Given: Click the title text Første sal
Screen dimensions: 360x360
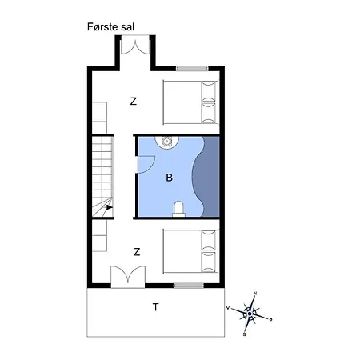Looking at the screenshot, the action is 110,27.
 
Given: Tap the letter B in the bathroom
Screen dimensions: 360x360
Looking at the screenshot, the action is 169,178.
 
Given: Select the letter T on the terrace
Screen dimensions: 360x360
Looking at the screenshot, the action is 156,307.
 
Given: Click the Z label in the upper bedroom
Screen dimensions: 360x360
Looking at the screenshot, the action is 134,102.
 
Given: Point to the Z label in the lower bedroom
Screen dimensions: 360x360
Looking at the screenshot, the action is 137,252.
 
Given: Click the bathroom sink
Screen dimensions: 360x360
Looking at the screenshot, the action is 166,142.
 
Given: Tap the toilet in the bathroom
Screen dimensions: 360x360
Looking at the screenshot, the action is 178,210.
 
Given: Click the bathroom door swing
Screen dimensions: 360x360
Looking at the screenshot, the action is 146,165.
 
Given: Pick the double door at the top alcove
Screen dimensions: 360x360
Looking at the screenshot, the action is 135,46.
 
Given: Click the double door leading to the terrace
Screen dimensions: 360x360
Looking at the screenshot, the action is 128,277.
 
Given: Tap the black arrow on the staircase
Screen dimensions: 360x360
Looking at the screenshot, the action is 109,207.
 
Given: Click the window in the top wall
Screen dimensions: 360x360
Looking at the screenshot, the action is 192,69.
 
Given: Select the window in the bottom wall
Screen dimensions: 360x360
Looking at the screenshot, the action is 189,286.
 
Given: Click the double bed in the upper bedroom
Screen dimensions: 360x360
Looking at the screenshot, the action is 190,102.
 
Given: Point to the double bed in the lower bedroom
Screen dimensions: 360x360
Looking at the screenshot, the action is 190,251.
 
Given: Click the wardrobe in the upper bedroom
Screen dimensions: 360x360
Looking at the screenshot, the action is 99,118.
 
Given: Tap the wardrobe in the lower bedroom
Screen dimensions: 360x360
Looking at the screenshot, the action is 99,235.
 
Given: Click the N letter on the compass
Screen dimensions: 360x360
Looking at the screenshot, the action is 255,294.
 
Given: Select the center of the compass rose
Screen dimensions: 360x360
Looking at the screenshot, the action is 250,314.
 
